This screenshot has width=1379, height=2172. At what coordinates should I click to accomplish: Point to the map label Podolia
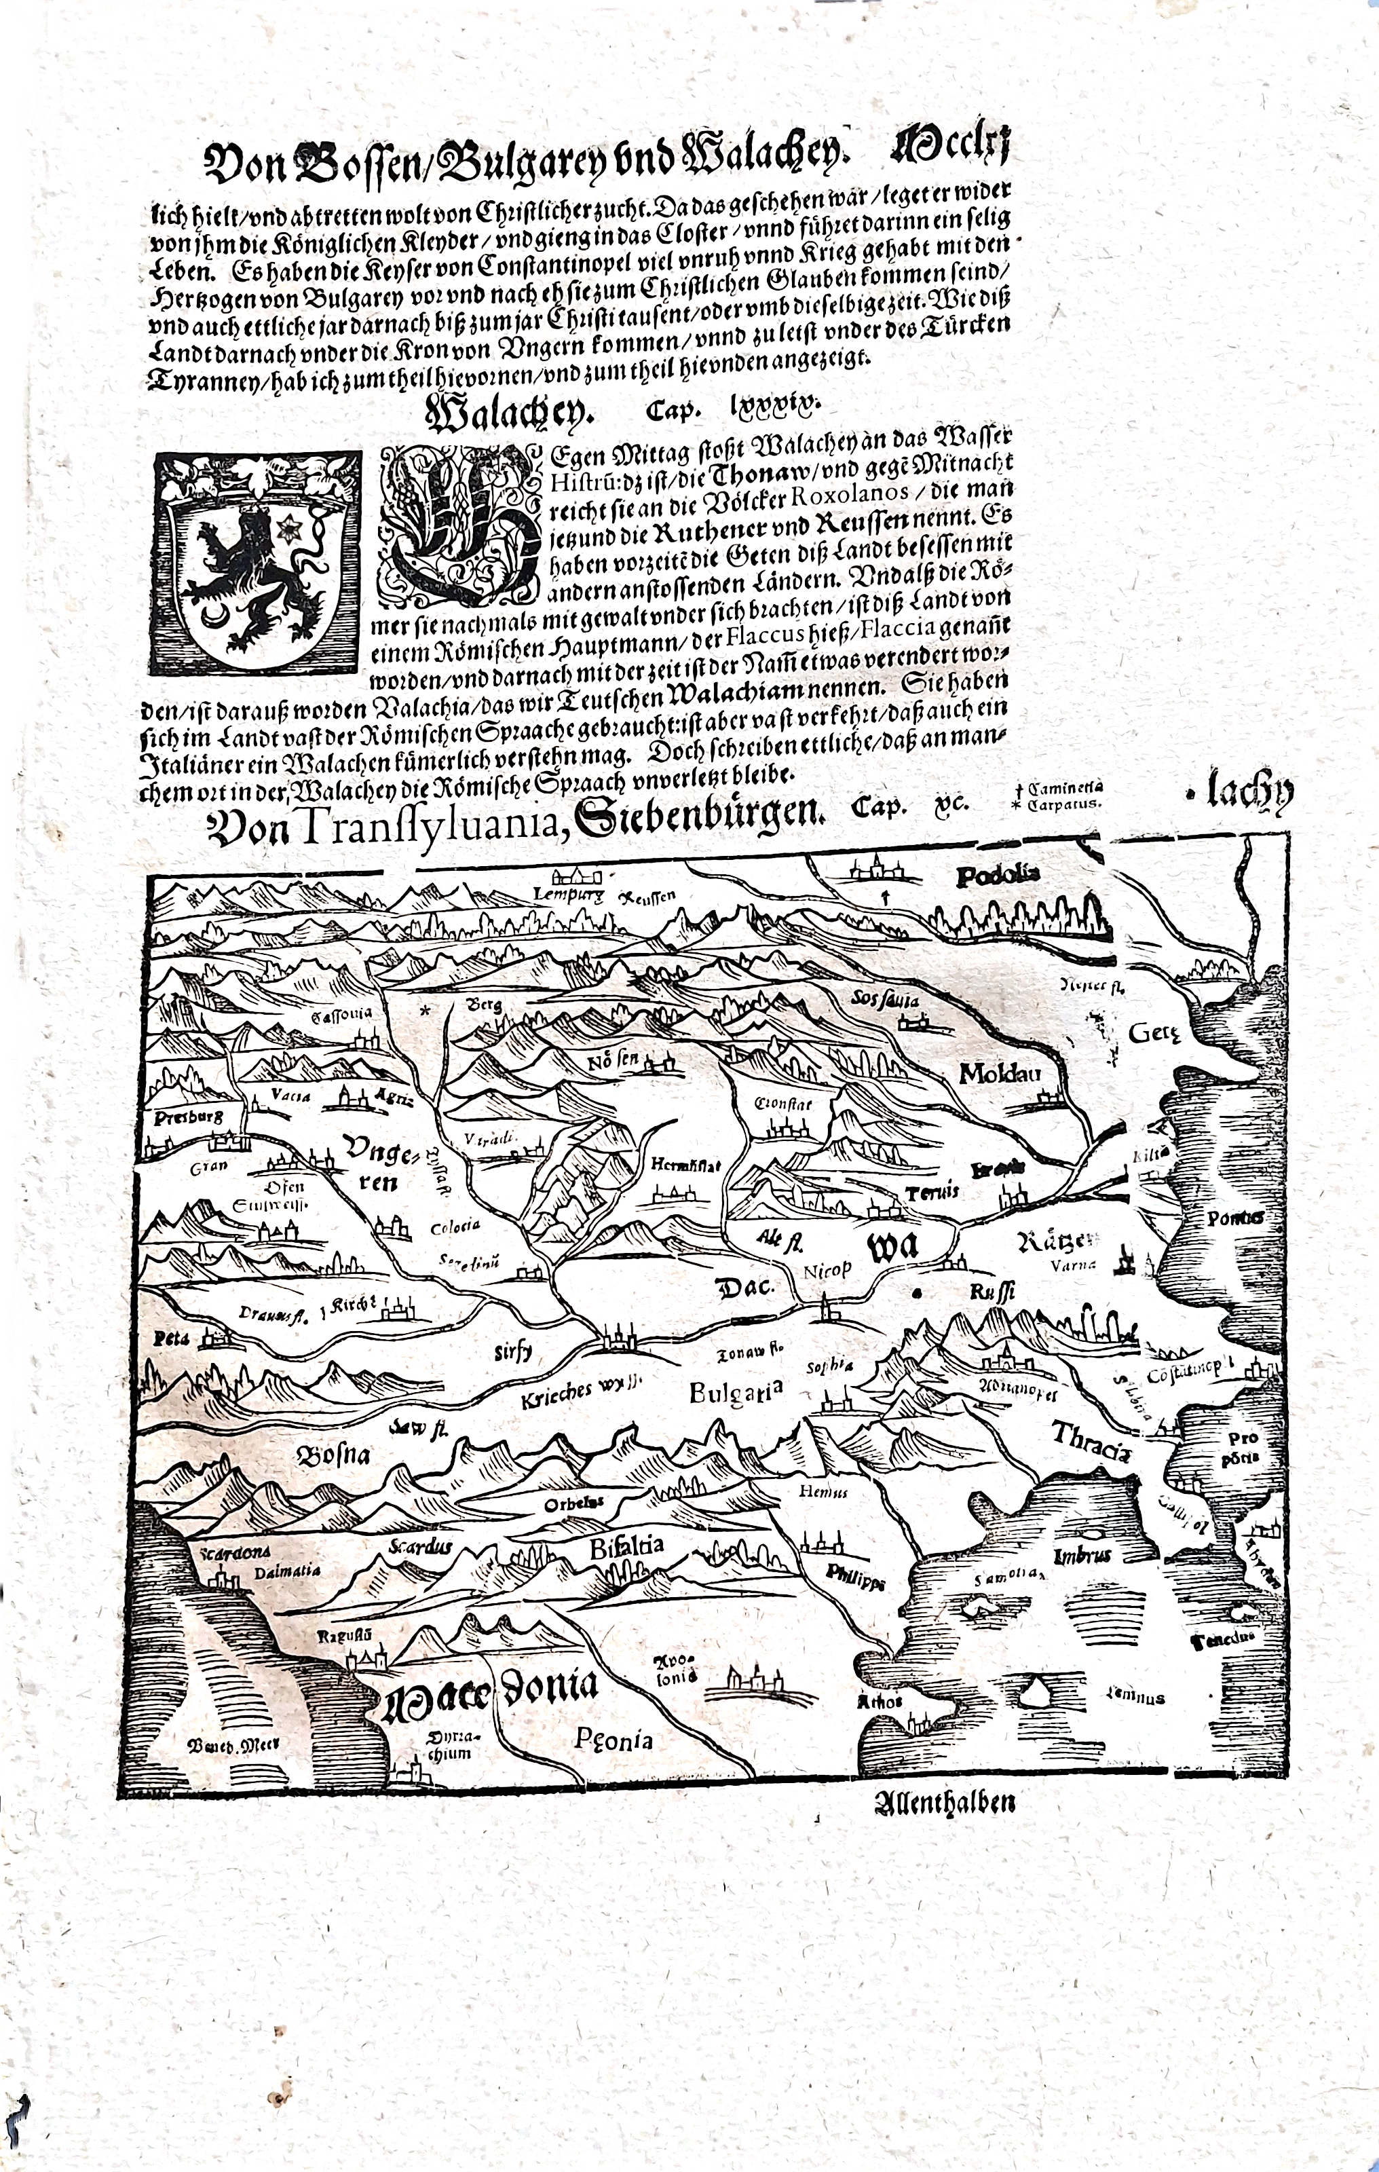coord(998,874)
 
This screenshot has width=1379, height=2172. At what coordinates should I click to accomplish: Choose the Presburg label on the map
coord(187,1117)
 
